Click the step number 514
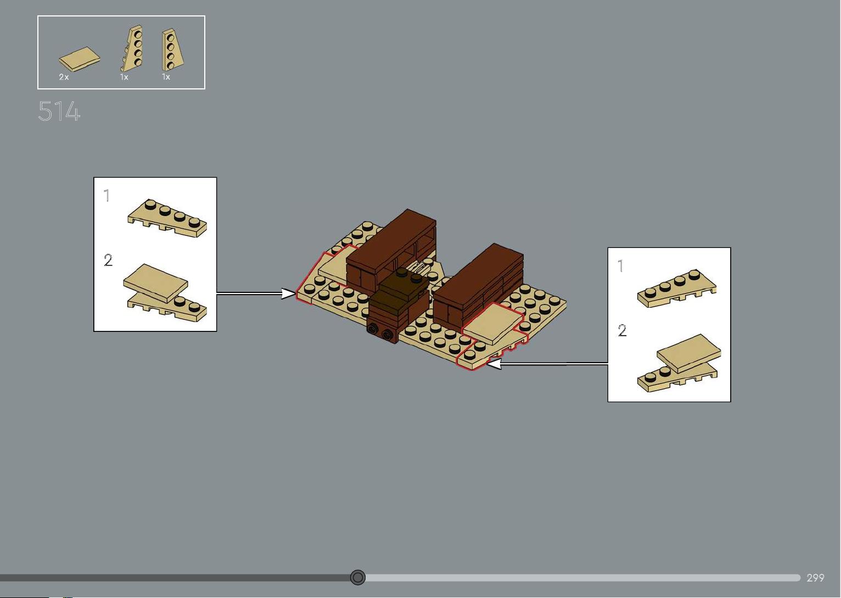click(x=59, y=111)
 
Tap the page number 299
click(x=815, y=578)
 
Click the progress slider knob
click(x=358, y=577)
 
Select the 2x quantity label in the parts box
click(x=64, y=77)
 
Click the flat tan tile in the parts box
click(x=80, y=59)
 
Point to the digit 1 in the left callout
click(x=107, y=195)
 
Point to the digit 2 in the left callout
click(x=108, y=260)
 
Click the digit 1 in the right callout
click(x=621, y=266)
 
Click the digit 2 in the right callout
click(x=622, y=330)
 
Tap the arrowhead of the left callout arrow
click(x=288, y=294)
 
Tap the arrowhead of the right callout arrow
click(x=494, y=364)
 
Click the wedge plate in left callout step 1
click(x=167, y=218)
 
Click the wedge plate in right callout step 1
click(x=677, y=289)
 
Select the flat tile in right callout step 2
click(x=689, y=353)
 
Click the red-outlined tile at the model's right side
click(x=492, y=323)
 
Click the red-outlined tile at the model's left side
click(x=335, y=264)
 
